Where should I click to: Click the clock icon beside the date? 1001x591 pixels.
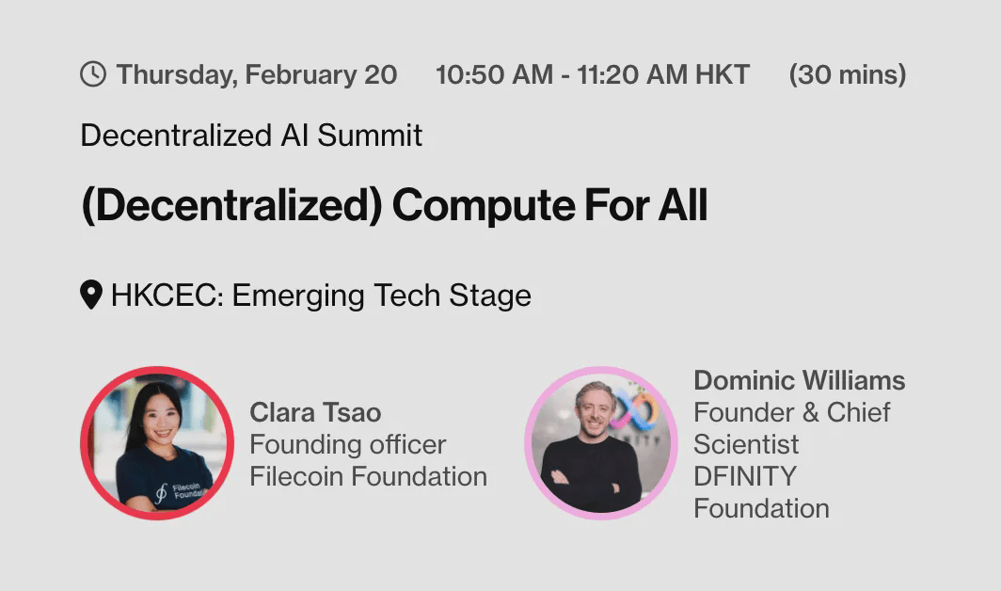coord(93,74)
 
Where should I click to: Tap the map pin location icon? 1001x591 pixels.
coord(91,295)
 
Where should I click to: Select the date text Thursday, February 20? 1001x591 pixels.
coord(257,75)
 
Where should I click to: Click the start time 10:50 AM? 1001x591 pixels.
coord(494,74)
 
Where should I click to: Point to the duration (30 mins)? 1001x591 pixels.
coord(848,74)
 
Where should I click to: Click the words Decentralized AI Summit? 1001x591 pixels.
coord(251,136)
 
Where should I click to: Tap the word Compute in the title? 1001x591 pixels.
coord(484,206)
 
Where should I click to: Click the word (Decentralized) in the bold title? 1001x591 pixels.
coord(232,206)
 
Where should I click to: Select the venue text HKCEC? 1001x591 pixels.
coord(164,295)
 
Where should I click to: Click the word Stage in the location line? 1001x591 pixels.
coord(490,296)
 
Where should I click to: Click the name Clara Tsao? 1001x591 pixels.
coord(315,413)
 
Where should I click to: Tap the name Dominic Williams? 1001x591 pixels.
coord(800,381)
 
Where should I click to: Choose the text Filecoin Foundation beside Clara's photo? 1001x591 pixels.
coord(369,476)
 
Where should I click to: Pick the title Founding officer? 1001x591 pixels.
coord(348,445)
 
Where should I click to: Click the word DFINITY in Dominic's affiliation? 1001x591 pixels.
coord(745,476)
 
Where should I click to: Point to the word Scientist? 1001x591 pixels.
coord(746,445)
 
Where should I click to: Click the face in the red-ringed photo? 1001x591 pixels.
coord(159,419)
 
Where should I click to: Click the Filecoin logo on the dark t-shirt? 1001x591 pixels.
coord(162,492)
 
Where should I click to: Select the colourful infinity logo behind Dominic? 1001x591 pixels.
coord(633,411)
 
